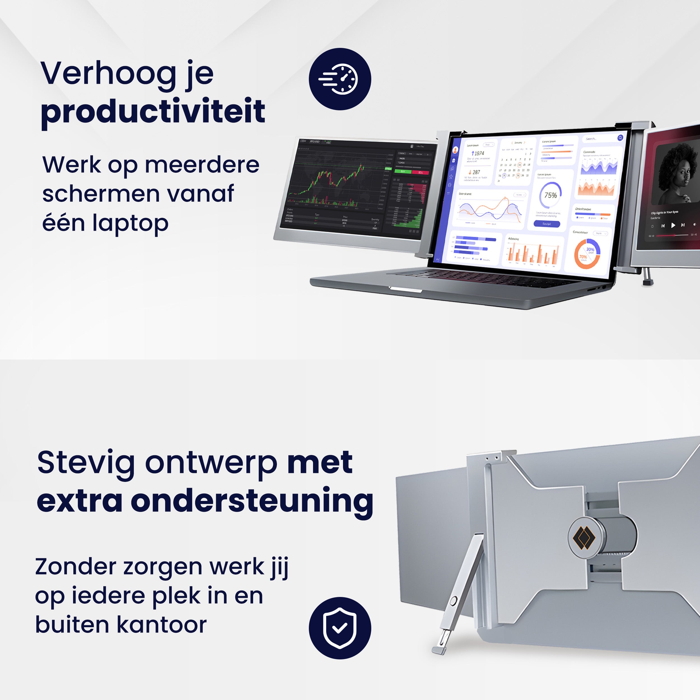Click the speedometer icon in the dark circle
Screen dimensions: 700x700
[x=340, y=79]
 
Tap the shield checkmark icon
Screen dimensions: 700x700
[x=340, y=628]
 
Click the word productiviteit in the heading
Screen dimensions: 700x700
[x=153, y=112]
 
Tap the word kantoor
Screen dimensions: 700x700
[x=162, y=625]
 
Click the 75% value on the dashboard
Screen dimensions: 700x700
[x=550, y=195]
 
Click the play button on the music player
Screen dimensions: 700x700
[x=673, y=225]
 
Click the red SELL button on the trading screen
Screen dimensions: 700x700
[x=420, y=172]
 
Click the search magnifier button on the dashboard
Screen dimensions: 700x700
[x=620, y=138]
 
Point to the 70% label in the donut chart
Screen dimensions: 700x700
[x=583, y=257]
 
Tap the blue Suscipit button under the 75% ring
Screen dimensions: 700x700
[x=547, y=224]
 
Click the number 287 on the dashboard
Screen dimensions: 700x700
[x=476, y=172]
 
